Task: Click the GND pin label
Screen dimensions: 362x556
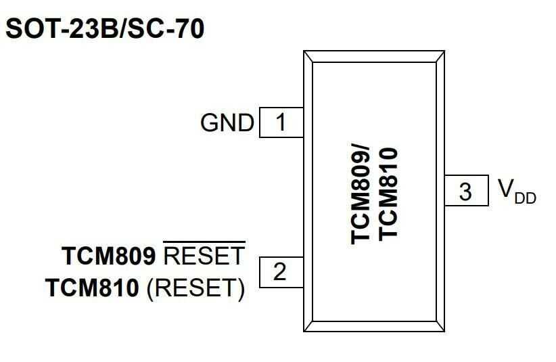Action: [x=227, y=123]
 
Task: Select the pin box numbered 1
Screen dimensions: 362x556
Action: [x=281, y=122]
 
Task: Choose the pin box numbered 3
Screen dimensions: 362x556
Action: [x=466, y=191]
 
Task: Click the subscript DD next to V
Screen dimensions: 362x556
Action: [x=526, y=198]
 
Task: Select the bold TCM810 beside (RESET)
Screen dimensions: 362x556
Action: [x=93, y=289]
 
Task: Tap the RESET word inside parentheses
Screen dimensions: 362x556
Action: [x=195, y=289]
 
